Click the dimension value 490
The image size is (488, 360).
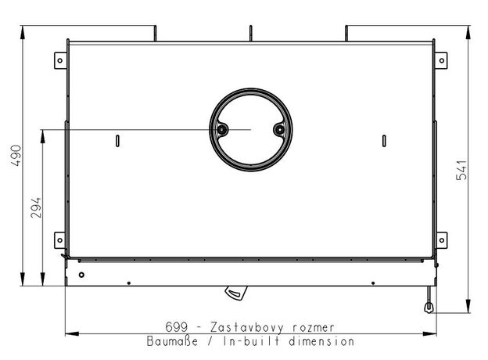[x=16, y=156]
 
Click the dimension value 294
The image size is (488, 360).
[x=36, y=207]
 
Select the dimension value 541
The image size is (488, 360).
[x=461, y=170]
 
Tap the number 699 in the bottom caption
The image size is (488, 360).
[x=177, y=327]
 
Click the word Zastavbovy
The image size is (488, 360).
[x=247, y=328]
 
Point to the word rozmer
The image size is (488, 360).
[x=314, y=328]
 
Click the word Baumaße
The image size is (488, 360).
[x=172, y=341]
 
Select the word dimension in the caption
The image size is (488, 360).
[x=321, y=341]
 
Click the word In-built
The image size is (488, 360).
[x=251, y=341]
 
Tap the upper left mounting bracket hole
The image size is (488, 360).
[x=60, y=60]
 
